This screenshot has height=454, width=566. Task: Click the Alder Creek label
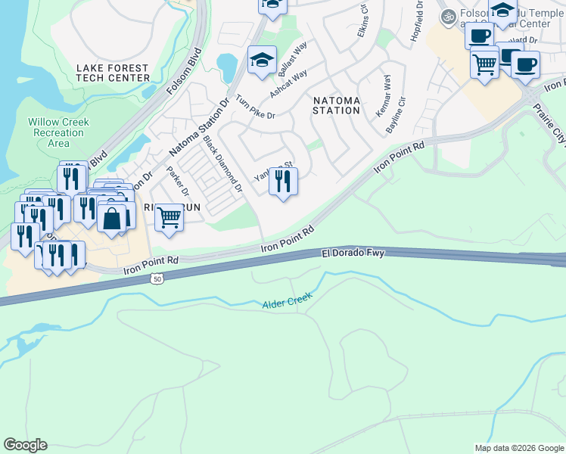287,303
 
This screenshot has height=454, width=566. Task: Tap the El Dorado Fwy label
353,253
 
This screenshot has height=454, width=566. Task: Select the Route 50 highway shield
157,279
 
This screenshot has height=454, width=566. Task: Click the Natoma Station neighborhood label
337,104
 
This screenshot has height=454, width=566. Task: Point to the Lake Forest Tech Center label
113,73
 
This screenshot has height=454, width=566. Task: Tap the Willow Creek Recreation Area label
58,132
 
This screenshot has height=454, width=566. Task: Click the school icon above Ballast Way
262,60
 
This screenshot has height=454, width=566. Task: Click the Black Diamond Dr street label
222,163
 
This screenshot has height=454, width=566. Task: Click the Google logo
25,445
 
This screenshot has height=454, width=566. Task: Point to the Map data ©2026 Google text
518,447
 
